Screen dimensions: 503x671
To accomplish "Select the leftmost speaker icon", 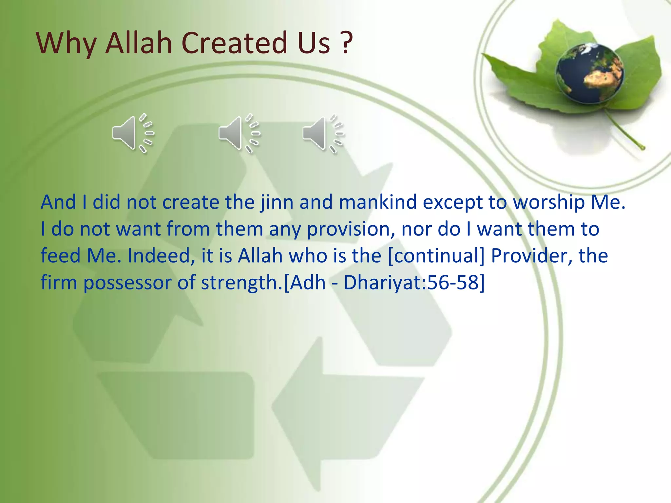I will (132, 133).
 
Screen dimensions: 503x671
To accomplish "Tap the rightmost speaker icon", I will (323, 133).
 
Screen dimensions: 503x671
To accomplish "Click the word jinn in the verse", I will (276, 202).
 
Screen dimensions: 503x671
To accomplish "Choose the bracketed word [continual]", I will (436, 256).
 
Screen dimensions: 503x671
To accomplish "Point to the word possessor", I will (127, 283).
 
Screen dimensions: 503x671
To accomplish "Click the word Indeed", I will (159, 256).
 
